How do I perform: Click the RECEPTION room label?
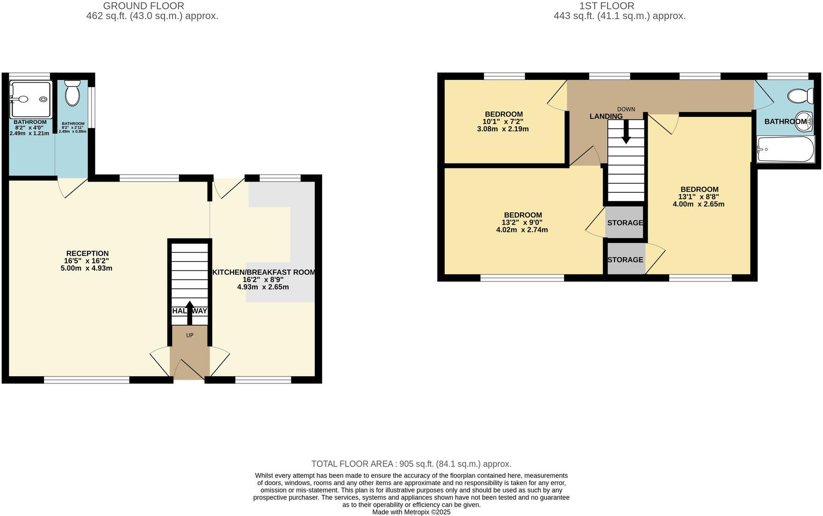click(87, 254)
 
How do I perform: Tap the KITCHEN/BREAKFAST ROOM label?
click(264, 272)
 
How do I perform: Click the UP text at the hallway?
click(190, 335)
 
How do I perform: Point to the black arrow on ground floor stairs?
click(189, 313)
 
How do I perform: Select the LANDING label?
click(606, 116)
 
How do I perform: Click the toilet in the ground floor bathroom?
click(72, 93)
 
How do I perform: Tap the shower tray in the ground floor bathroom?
click(31, 99)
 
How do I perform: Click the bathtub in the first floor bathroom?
click(786, 149)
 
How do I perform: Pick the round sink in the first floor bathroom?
click(804, 119)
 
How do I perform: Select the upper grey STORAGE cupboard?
click(625, 223)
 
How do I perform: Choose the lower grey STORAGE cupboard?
click(625, 260)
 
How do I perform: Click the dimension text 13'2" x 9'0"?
click(522, 223)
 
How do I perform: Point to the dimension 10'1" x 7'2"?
click(503, 122)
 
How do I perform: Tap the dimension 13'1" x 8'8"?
click(699, 197)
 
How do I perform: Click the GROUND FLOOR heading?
click(143, 6)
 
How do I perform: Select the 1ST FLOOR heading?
click(606, 6)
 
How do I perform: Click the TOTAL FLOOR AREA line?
click(411, 464)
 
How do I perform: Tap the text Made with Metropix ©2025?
click(411, 512)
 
